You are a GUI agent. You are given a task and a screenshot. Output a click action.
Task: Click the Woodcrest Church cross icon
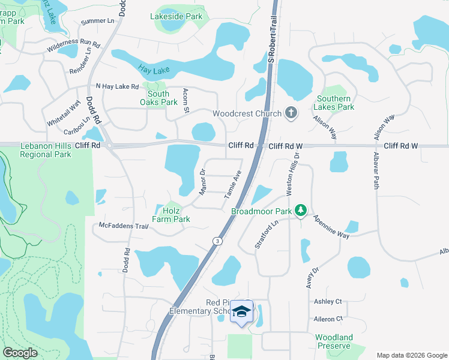pos(291,113)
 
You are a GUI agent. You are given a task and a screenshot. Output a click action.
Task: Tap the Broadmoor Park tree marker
pos(301,211)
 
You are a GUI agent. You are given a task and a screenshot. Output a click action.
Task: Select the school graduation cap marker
pos(242,311)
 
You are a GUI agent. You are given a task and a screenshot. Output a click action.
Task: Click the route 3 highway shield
pos(215,241)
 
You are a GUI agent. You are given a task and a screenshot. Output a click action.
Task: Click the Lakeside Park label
pos(176,16)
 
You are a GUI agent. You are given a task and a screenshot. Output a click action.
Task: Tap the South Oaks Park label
pos(158,98)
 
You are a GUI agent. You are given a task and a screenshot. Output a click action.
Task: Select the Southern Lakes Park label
pos(334,103)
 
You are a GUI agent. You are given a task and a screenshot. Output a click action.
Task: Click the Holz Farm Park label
pos(173,215)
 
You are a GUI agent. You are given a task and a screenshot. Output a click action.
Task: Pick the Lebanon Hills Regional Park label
pos(46,150)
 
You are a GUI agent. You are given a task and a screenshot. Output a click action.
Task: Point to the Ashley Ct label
pos(328,301)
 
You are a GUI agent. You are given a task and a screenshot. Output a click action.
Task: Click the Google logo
pos(21,352)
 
